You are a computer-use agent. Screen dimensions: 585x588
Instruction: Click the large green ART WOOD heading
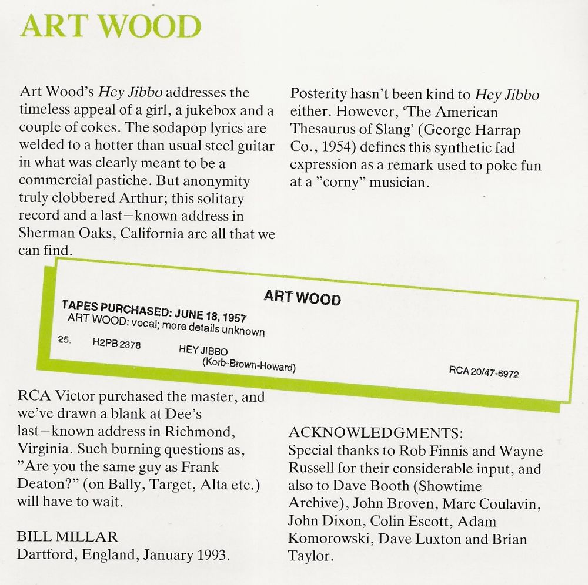click(111, 27)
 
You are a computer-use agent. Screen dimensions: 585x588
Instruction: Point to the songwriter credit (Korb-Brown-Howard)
click(248, 365)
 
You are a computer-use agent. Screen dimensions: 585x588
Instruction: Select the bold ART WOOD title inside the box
click(302, 297)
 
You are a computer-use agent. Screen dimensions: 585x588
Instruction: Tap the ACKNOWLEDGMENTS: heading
click(376, 433)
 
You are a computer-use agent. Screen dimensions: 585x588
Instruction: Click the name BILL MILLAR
click(68, 536)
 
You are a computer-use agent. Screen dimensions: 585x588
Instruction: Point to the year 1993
click(212, 554)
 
